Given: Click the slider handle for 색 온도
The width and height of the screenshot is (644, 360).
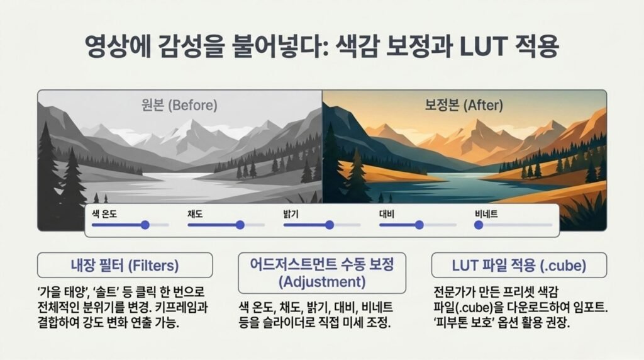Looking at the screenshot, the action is click(145, 225).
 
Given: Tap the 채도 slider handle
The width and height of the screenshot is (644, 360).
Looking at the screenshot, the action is click(240, 225).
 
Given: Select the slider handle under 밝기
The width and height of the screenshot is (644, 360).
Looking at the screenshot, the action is click(330, 225).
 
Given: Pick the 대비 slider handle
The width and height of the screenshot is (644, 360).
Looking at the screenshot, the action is click(419, 225).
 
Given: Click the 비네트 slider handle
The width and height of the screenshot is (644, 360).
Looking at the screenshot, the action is click(479, 225).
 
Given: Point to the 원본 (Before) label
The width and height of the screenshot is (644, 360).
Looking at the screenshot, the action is click(179, 105).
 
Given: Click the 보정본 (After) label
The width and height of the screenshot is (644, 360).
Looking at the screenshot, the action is click(464, 105).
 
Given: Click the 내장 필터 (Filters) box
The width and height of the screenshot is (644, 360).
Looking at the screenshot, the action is click(125, 265).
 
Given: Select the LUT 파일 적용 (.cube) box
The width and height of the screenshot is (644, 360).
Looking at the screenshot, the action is click(519, 265).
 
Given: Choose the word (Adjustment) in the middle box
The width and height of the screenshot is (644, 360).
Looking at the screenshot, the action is click(322, 282).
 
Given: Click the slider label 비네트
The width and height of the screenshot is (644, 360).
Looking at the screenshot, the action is click(486, 214).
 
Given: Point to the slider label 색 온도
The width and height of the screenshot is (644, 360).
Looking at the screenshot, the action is click(104, 214).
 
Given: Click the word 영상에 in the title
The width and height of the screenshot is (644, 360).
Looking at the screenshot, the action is click(116, 45).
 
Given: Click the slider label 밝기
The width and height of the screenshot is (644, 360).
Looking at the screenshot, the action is click(291, 214).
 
